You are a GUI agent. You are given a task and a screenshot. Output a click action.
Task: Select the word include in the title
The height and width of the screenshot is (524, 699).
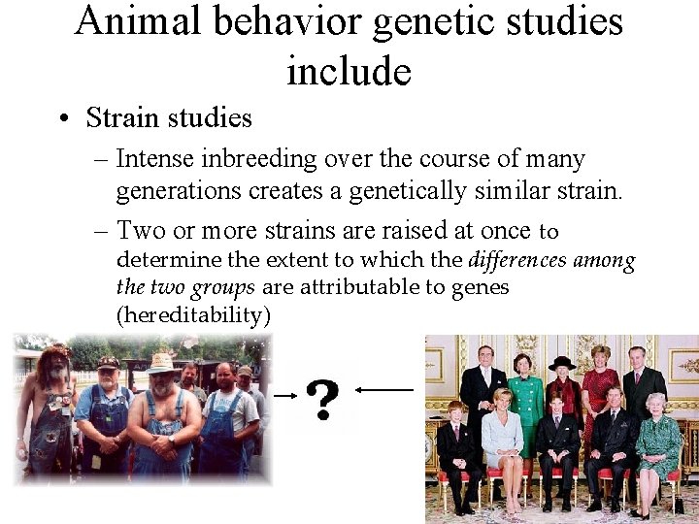pos(349,71)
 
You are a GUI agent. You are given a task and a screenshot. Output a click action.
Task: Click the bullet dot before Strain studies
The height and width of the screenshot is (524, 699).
pos(63,119)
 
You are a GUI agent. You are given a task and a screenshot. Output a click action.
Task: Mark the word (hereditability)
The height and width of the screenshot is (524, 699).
pos(192,315)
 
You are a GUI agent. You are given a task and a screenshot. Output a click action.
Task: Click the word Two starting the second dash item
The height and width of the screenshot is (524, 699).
pos(139,231)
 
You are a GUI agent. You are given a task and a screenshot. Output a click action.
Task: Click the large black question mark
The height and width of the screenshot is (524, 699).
pos(321,399)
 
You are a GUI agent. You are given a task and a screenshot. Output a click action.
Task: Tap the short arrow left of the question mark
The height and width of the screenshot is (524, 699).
pos(284,395)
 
